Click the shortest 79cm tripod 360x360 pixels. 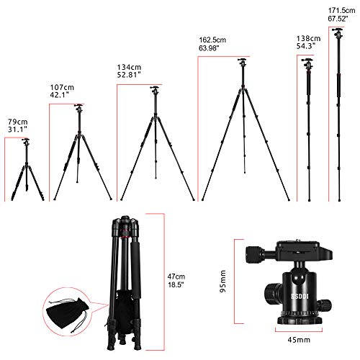tap(26, 169)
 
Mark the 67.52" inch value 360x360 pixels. tap(341, 20)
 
